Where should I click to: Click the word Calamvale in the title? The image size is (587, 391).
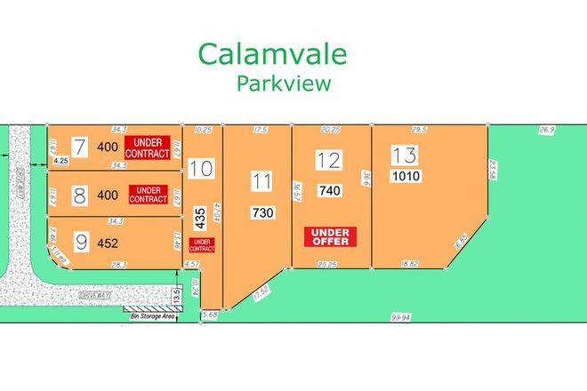coord(272,54)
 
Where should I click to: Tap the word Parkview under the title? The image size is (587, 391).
coord(284,84)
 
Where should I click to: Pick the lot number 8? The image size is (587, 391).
coord(79,195)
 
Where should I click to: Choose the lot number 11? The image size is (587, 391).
coord(261,182)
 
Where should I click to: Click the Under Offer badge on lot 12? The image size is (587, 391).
coord(330,236)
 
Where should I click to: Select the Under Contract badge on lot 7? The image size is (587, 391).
coord(148,148)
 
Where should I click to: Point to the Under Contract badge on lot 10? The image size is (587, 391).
coord(202,244)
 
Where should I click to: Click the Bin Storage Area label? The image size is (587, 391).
coord(149,314)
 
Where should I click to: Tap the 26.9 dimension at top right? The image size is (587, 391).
coord(546,130)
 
